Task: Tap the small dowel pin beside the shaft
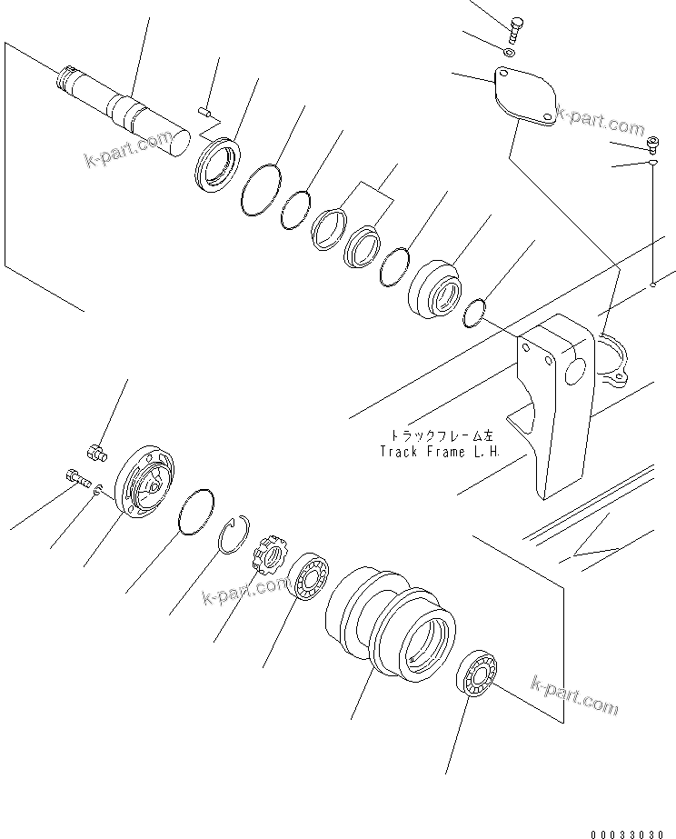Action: coord(204,112)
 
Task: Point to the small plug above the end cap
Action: coord(94,449)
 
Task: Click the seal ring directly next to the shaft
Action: coord(218,163)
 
